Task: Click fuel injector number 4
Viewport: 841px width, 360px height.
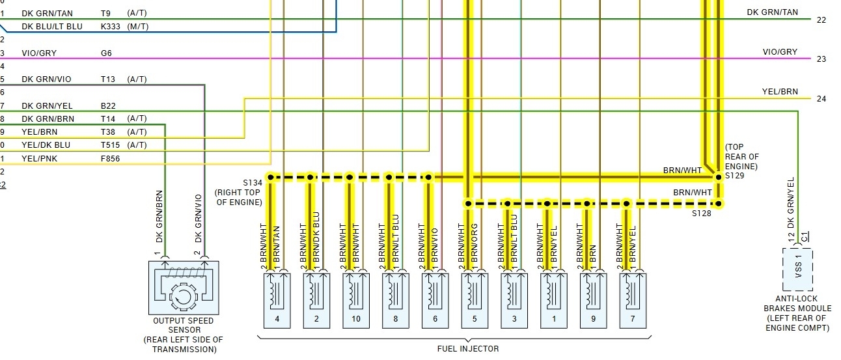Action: [x=277, y=300]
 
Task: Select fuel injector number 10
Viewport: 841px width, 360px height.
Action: [x=356, y=300]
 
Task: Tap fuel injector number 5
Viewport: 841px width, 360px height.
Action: [x=475, y=300]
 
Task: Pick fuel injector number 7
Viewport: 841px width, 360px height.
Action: [x=633, y=300]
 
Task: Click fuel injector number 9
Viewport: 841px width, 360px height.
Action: [x=593, y=300]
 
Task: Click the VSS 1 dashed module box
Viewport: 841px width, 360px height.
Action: [x=797, y=268]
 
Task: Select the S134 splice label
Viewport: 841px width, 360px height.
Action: [x=251, y=182]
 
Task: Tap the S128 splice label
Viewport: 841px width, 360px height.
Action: [x=702, y=213]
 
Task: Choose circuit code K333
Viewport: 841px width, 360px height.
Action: [x=111, y=27]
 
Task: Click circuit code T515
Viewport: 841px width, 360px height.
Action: [x=111, y=145]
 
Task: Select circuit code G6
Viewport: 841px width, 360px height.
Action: [x=106, y=53]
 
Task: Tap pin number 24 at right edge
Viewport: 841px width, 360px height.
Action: [x=821, y=99]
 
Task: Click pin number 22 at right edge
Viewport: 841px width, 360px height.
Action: [x=821, y=20]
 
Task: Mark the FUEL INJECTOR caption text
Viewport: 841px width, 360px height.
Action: [x=468, y=349]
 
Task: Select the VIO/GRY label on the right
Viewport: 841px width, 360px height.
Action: [x=780, y=52]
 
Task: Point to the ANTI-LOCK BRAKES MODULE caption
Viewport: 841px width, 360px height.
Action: [x=797, y=313]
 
